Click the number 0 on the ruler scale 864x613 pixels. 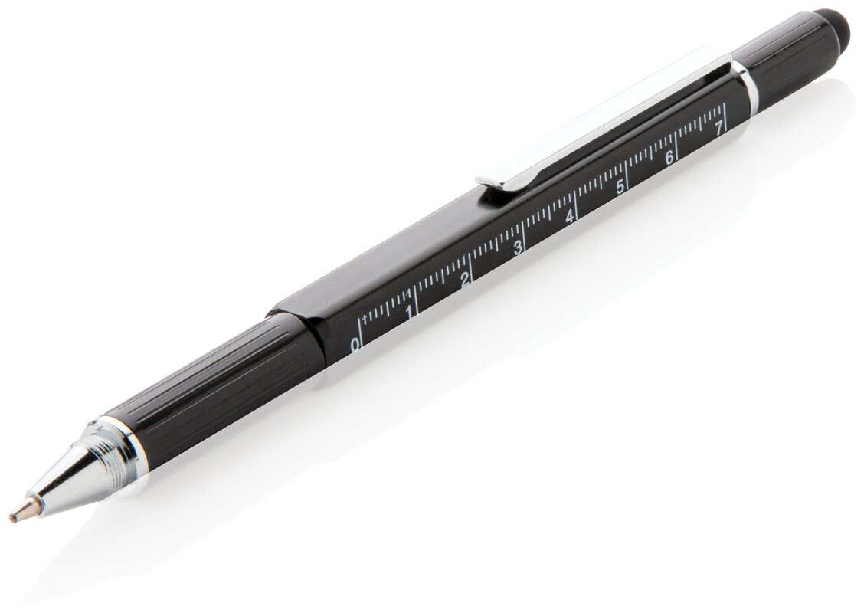click(355, 345)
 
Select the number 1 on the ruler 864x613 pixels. click(409, 313)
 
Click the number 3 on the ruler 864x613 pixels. click(518, 248)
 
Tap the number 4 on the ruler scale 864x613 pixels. click(570, 217)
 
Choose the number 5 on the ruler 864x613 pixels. click(620, 188)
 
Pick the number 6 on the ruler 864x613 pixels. click(669, 159)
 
